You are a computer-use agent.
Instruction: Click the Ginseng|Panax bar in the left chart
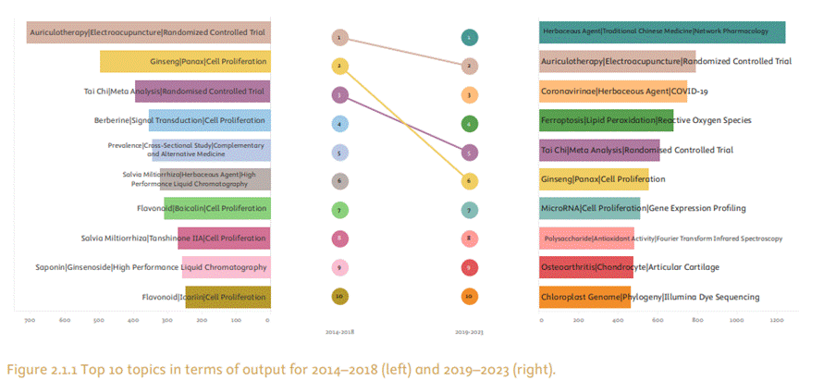pyautogui.click(x=185, y=62)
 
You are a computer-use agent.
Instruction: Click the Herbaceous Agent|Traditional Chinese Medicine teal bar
pyautogui.click(x=662, y=31)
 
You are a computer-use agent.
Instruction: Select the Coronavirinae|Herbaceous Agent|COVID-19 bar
pyautogui.click(x=613, y=92)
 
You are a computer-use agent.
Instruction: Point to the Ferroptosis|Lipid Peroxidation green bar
pyautogui.click(x=606, y=120)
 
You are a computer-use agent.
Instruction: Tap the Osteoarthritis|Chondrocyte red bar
pyautogui.click(x=586, y=267)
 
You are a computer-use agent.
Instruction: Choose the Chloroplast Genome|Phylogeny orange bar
pyautogui.click(x=584, y=297)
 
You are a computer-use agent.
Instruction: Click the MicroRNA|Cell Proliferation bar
pyautogui.click(x=589, y=208)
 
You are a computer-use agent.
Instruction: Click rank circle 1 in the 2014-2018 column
pyautogui.click(x=340, y=38)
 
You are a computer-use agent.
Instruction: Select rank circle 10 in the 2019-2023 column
pyautogui.click(x=470, y=297)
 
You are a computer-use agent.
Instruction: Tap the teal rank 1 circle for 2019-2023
pyautogui.click(x=470, y=38)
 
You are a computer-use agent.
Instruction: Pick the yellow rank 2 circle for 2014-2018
pyautogui.click(x=340, y=66)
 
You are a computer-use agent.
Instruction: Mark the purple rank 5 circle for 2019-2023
pyautogui.click(x=470, y=153)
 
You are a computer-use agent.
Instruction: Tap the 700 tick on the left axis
pyautogui.click(x=30, y=320)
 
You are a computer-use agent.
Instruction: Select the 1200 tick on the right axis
pyautogui.click(x=777, y=320)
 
